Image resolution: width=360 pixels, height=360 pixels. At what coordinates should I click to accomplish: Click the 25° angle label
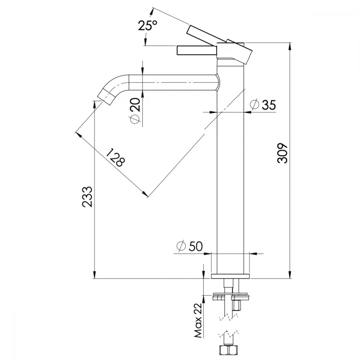click(147, 25)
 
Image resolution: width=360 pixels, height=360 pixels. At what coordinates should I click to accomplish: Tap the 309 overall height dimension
click(282, 153)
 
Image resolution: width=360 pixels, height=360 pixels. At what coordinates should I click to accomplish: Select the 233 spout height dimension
click(87, 197)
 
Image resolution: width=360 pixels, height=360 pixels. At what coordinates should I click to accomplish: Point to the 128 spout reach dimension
click(116, 157)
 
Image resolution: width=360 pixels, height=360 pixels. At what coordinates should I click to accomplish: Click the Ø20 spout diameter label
click(135, 111)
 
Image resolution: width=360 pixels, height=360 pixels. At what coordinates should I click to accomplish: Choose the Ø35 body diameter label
click(264, 105)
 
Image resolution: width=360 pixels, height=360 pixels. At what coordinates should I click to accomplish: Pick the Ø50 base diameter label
click(190, 246)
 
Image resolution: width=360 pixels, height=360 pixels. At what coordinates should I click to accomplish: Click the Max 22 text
click(198, 320)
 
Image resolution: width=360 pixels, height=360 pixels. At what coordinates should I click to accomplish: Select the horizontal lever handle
click(197, 50)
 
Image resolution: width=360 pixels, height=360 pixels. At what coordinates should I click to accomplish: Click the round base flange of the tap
click(230, 276)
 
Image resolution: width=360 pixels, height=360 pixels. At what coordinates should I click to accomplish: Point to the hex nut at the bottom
click(228, 351)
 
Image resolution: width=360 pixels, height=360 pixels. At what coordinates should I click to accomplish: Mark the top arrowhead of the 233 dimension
click(94, 104)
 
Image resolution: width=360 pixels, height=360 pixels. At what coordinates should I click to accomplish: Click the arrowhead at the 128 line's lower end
click(144, 194)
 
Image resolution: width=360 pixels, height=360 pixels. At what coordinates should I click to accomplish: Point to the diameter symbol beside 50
click(181, 246)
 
